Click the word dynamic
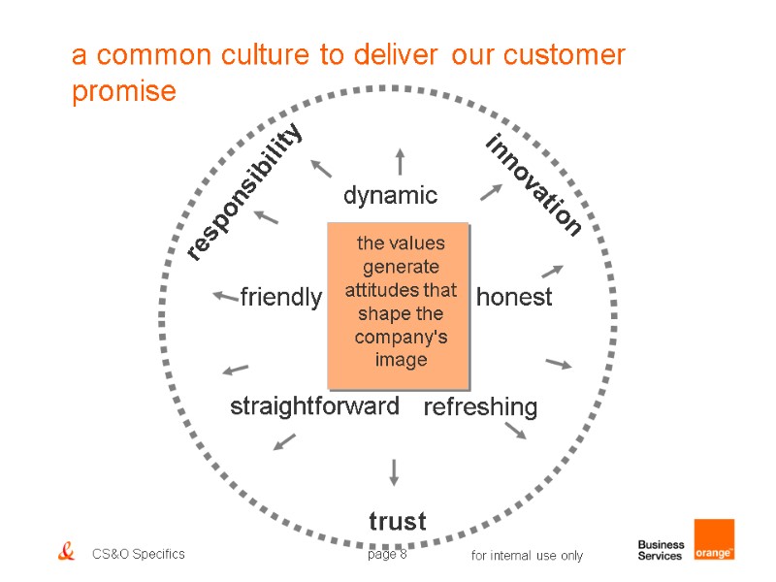pyautogui.click(x=390, y=196)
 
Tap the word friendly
pyautogui.click(x=280, y=297)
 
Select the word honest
pyautogui.click(x=514, y=297)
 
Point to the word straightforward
pyautogui.click(x=314, y=406)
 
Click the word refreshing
pyautogui.click(x=480, y=407)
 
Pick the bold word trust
pyautogui.click(x=398, y=521)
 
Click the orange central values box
pyautogui.click(x=399, y=301)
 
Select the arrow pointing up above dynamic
pyautogui.click(x=399, y=161)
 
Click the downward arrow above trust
pyautogui.click(x=394, y=471)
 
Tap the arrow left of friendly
pyautogui.click(x=225, y=295)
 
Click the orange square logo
pyautogui.click(x=714, y=539)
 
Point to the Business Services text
pyautogui.click(x=661, y=550)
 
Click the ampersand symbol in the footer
pyautogui.click(x=66, y=553)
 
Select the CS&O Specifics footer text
pyautogui.click(x=139, y=555)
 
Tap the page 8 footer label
pyautogui.click(x=387, y=555)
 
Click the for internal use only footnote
pyautogui.click(x=527, y=556)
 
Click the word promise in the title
pyautogui.click(x=124, y=91)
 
